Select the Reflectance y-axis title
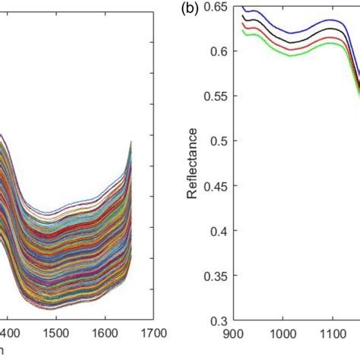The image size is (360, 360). (x=194, y=163)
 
